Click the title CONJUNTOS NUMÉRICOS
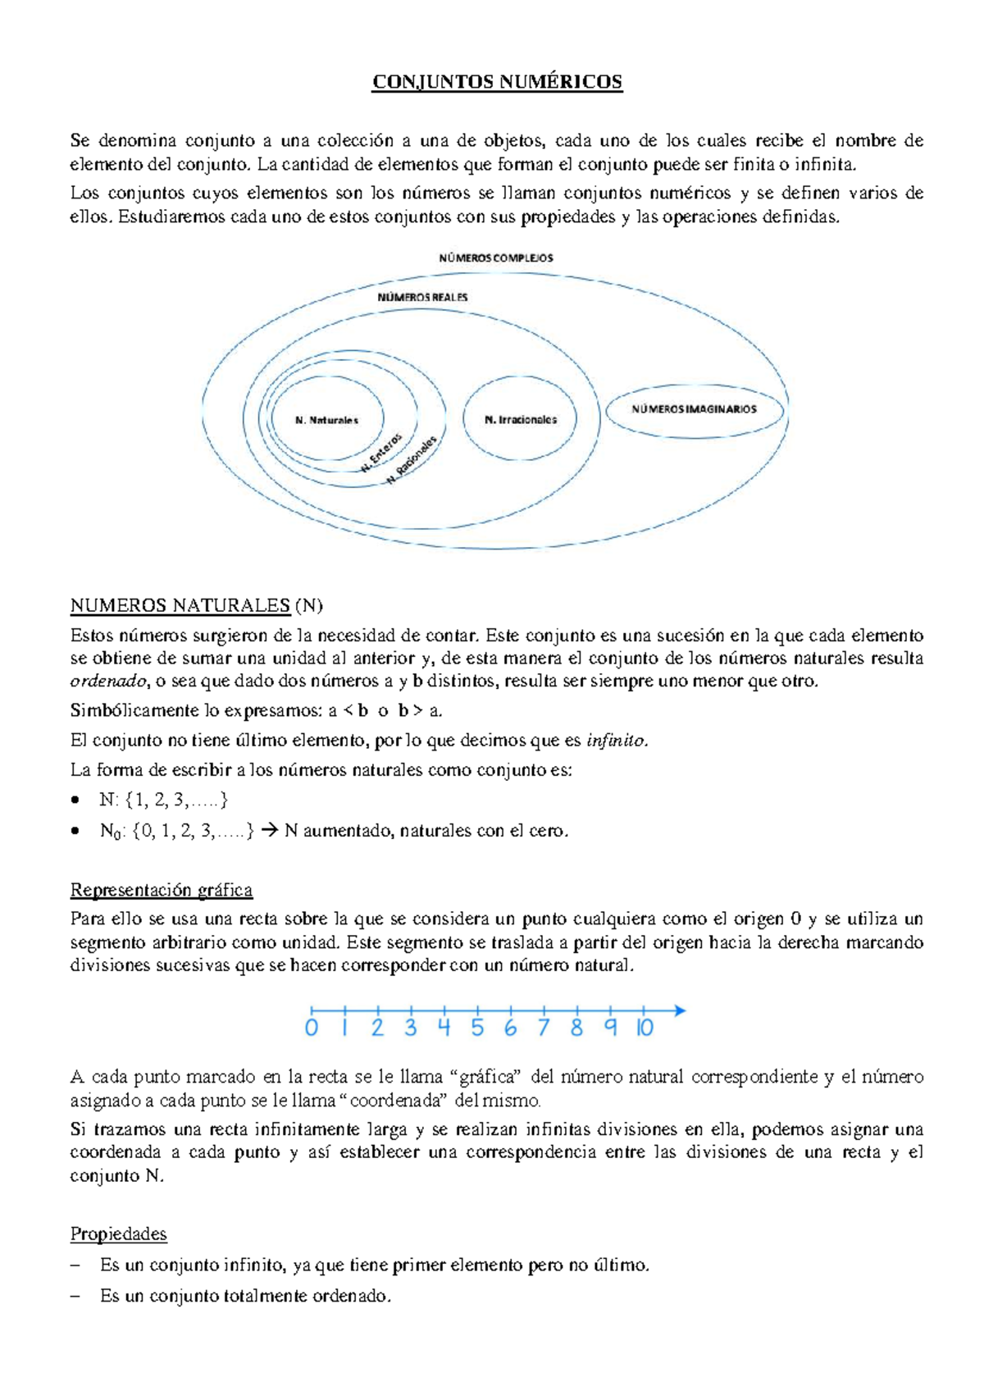[x=497, y=82]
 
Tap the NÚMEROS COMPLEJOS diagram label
[x=496, y=258]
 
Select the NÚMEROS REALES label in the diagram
[x=422, y=297]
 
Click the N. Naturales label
[x=326, y=420]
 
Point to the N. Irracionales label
[x=521, y=420]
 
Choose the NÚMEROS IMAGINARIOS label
[x=695, y=409]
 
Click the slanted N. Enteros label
[x=382, y=453]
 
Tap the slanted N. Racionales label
[x=413, y=460]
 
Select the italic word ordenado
[x=108, y=681]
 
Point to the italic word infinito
[x=617, y=741]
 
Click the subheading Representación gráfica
[x=162, y=890]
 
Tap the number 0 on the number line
[x=311, y=1028]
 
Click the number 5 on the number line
[x=477, y=1028]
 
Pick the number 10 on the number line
[x=645, y=1028]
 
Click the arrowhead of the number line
[x=679, y=1011]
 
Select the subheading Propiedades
[x=119, y=1234]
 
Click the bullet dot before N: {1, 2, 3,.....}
[x=76, y=800]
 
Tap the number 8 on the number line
[x=576, y=1028]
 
